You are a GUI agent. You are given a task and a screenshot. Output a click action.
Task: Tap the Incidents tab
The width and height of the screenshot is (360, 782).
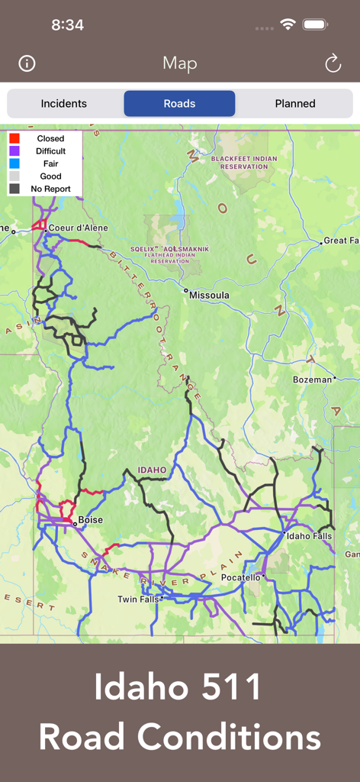pyautogui.click(x=64, y=104)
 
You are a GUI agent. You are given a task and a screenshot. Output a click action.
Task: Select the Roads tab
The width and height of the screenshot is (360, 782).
pyautogui.click(x=179, y=104)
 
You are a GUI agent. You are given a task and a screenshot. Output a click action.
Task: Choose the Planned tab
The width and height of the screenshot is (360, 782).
pyautogui.click(x=295, y=104)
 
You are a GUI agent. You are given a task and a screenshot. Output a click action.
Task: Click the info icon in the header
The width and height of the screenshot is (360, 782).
pyautogui.click(x=27, y=63)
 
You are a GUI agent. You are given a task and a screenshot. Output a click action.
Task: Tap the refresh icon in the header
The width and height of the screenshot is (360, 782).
pyautogui.click(x=333, y=63)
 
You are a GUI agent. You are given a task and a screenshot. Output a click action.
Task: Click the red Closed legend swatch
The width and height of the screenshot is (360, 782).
pyautogui.click(x=14, y=138)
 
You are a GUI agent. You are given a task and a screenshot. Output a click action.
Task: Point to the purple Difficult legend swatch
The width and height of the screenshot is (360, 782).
pyautogui.click(x=14, y=151)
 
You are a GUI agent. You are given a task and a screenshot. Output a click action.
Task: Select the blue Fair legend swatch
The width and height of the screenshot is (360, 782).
pyautogui.click(x=14, y=163)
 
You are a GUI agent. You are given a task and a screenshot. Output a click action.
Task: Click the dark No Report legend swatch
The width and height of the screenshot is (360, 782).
pyautogui.click(x=14, y=189)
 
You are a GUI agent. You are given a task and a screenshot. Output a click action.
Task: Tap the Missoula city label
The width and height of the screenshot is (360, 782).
pyautogui.click(x=209, y=295)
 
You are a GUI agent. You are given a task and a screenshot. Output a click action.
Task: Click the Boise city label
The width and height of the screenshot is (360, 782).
pyautogui.click(x=90, y=520)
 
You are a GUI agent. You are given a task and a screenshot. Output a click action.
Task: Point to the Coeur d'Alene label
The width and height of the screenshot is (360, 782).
pyautogui.click(x=78, y=228)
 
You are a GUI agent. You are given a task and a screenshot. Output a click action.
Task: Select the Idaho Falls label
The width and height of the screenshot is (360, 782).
pyautogui.click(x=309, y=536)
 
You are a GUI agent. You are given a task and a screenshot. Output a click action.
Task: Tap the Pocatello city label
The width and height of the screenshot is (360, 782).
pyautogui.click(x=240, y=578)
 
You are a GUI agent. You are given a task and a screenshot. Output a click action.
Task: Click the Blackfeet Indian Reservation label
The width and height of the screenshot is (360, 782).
pyautogui.click(x=244, y=163)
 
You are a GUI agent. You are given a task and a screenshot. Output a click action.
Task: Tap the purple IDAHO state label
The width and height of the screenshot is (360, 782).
pyautogui.click(x=152, y=470)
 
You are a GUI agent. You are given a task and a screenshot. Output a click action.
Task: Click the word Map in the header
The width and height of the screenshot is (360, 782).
pyautogui.click(x=180, y=63)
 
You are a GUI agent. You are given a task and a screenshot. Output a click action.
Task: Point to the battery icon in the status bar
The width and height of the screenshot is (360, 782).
pyautogui.click(x=315, y=24)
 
